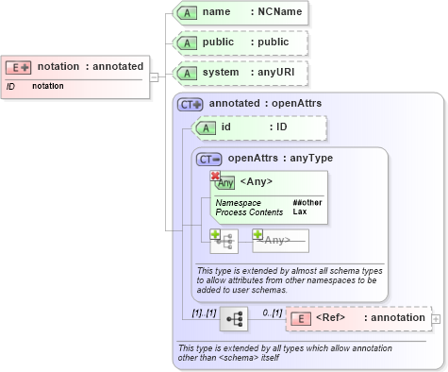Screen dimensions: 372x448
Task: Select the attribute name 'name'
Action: tap(217, 13)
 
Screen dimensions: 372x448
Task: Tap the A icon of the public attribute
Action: tap(187, 43)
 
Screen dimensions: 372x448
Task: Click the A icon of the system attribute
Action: tap(187, 73)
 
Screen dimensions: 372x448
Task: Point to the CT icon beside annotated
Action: tap(191, 104)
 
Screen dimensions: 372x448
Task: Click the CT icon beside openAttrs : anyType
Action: tap(209, 159)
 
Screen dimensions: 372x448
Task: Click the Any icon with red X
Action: tap(224, 181)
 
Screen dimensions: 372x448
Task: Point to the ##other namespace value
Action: tap(307, 203)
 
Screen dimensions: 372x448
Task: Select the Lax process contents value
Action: tap(300, 212)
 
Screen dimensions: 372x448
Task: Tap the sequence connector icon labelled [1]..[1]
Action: tap(232, 320)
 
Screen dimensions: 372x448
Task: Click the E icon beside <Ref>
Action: tap(300, 318)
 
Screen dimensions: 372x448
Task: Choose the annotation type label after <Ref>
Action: tap(396, 318)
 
